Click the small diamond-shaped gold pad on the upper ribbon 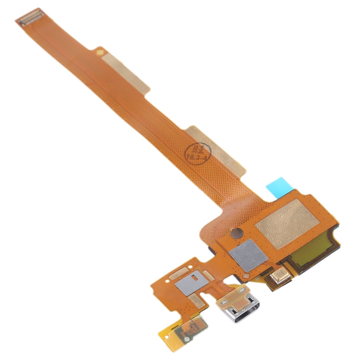pos(100,50)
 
